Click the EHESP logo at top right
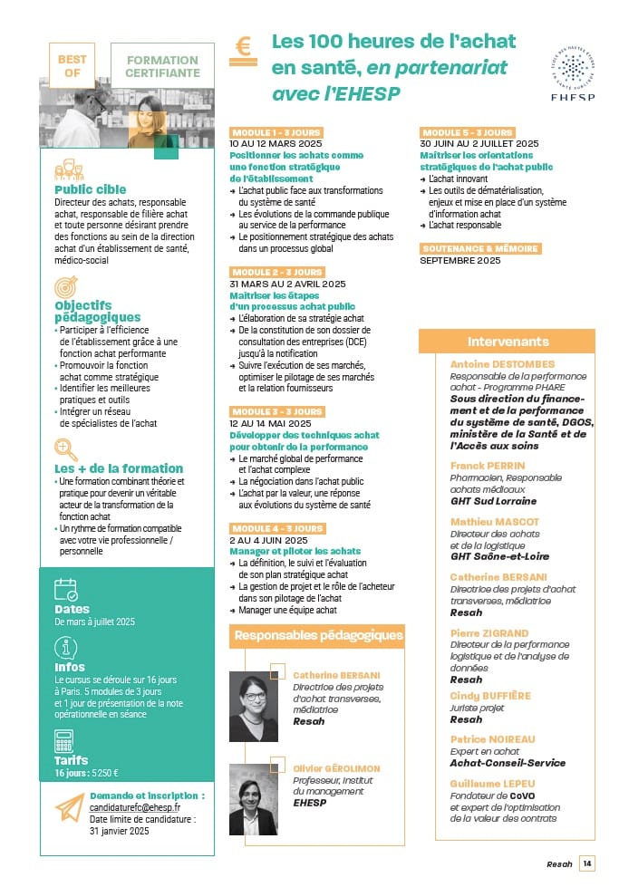[x=572, y=69]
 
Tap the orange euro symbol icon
[x=242, y=47]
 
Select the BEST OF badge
[x=72, y=65]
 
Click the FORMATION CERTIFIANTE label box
[x=162, y=65]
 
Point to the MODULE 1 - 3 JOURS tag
[x=276, y=132]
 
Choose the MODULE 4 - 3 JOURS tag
[x=276, y=528]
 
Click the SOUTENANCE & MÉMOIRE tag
[x=479, y=248]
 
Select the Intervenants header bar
[x=508, y=342]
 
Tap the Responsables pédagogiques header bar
[x=318, y=635]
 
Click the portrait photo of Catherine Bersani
[x=254, y=707]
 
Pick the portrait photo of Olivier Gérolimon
[x=254, y=799]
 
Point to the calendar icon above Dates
[x=66, y=591]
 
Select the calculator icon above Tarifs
[x=64, y=741]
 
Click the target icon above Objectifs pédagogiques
[x=65, y=287]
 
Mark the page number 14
[x=587, y=863]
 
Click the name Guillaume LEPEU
[x=493, y=783]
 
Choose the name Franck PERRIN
[x=487, y=466]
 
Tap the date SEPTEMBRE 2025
[x=460, y=261]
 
